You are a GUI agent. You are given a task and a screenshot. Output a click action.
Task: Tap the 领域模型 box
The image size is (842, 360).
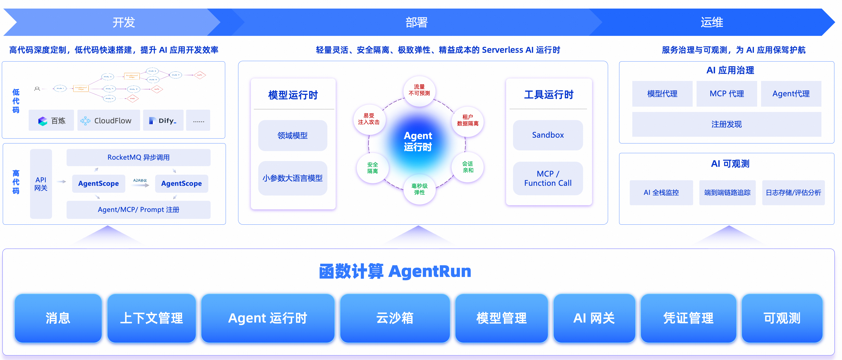(x=292, y=135)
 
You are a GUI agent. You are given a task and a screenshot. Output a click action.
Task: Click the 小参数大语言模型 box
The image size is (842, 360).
(x=292, y=178)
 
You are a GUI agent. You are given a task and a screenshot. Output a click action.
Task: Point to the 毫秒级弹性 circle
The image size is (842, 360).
(x=419, y=189)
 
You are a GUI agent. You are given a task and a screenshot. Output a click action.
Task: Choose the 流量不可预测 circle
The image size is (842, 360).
(x=419, y=90)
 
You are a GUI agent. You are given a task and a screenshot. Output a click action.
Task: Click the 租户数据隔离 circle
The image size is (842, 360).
(x=467, y=120)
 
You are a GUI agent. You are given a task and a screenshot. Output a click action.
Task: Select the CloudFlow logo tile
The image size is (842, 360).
(x=108, y=121)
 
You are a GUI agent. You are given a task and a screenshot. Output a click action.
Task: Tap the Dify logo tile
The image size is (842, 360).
(x=163, y=121)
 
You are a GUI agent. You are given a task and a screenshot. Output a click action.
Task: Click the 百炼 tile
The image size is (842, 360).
(x=51, y=121)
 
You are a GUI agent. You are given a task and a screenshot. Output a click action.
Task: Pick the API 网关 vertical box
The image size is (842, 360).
(x=41, y=184)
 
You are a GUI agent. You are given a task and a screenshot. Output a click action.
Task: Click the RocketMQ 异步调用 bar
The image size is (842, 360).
(x=138, y=157)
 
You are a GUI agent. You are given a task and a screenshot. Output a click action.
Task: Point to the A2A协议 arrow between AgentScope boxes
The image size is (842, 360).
(x=140, y=184)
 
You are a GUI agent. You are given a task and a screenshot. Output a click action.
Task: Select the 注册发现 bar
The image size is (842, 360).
(x=726, y=124)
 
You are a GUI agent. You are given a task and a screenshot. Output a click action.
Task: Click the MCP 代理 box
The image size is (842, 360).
(x=726, y=94)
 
